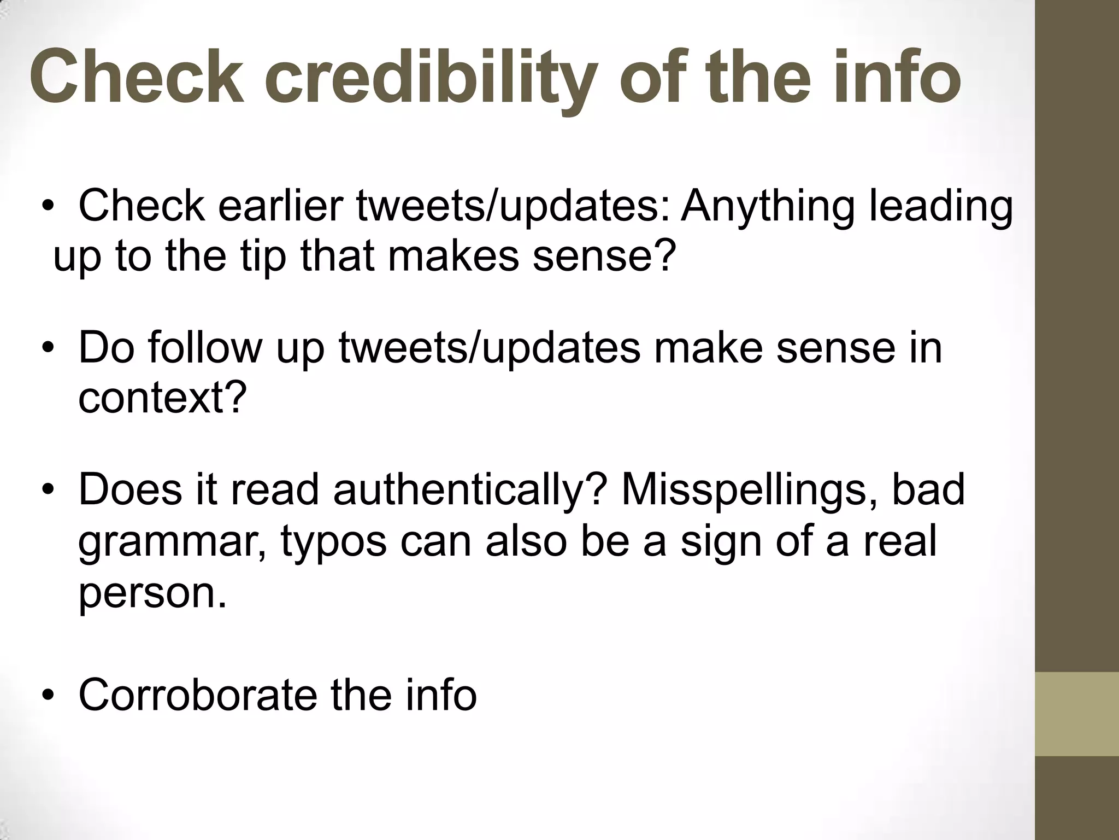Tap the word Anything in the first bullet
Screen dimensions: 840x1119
coord(767,206)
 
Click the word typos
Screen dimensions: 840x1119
coord(333,540)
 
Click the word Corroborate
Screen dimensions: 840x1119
coord(197,695)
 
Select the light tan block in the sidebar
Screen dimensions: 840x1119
coord(1077,714)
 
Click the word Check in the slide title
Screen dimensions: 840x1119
coord(137,78)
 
